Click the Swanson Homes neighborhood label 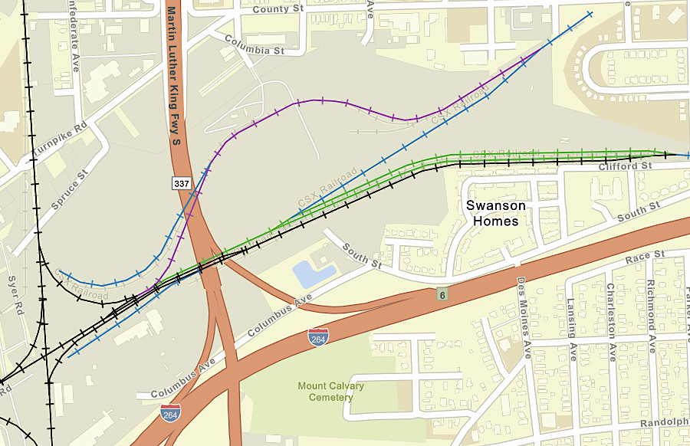click(x=496, y=213)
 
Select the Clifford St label click(x=625, y=166)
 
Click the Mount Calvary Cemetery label click(x=330, y=392)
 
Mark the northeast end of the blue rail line click(x=589, y=12)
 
